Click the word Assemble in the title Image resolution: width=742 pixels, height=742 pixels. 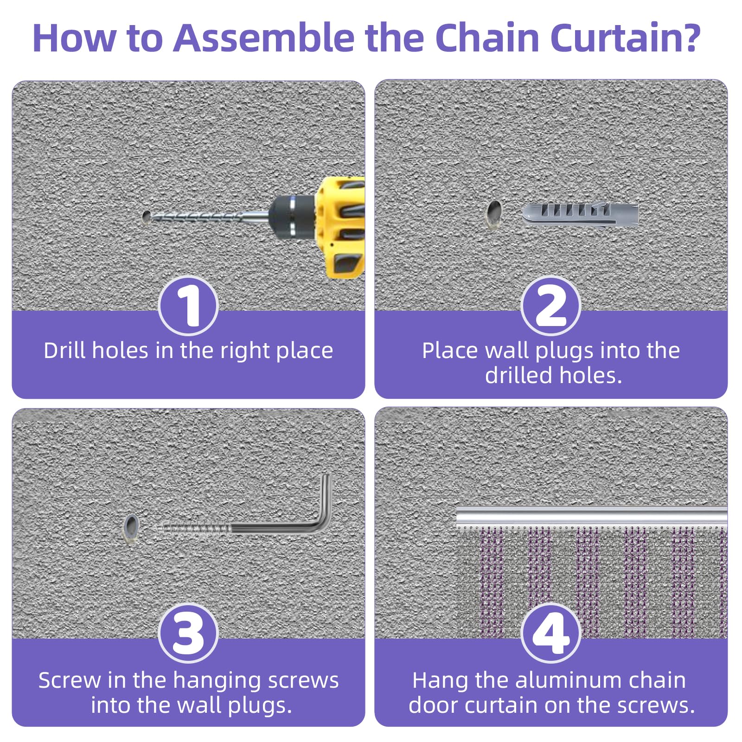[263, 38]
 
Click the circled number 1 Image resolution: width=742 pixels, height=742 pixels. [188, 306]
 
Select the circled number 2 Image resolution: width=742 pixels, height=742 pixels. [550, 306]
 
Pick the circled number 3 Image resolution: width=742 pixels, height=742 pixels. [188, 633]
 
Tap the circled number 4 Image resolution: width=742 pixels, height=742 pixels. [550, 633]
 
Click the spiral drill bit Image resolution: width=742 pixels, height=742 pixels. [199, 216]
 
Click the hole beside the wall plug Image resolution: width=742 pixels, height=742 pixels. [494, 213]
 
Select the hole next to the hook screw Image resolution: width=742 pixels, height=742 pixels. [131, 527]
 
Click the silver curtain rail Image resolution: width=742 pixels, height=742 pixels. [591, 515]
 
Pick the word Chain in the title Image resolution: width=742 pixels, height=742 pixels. [487, 38]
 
